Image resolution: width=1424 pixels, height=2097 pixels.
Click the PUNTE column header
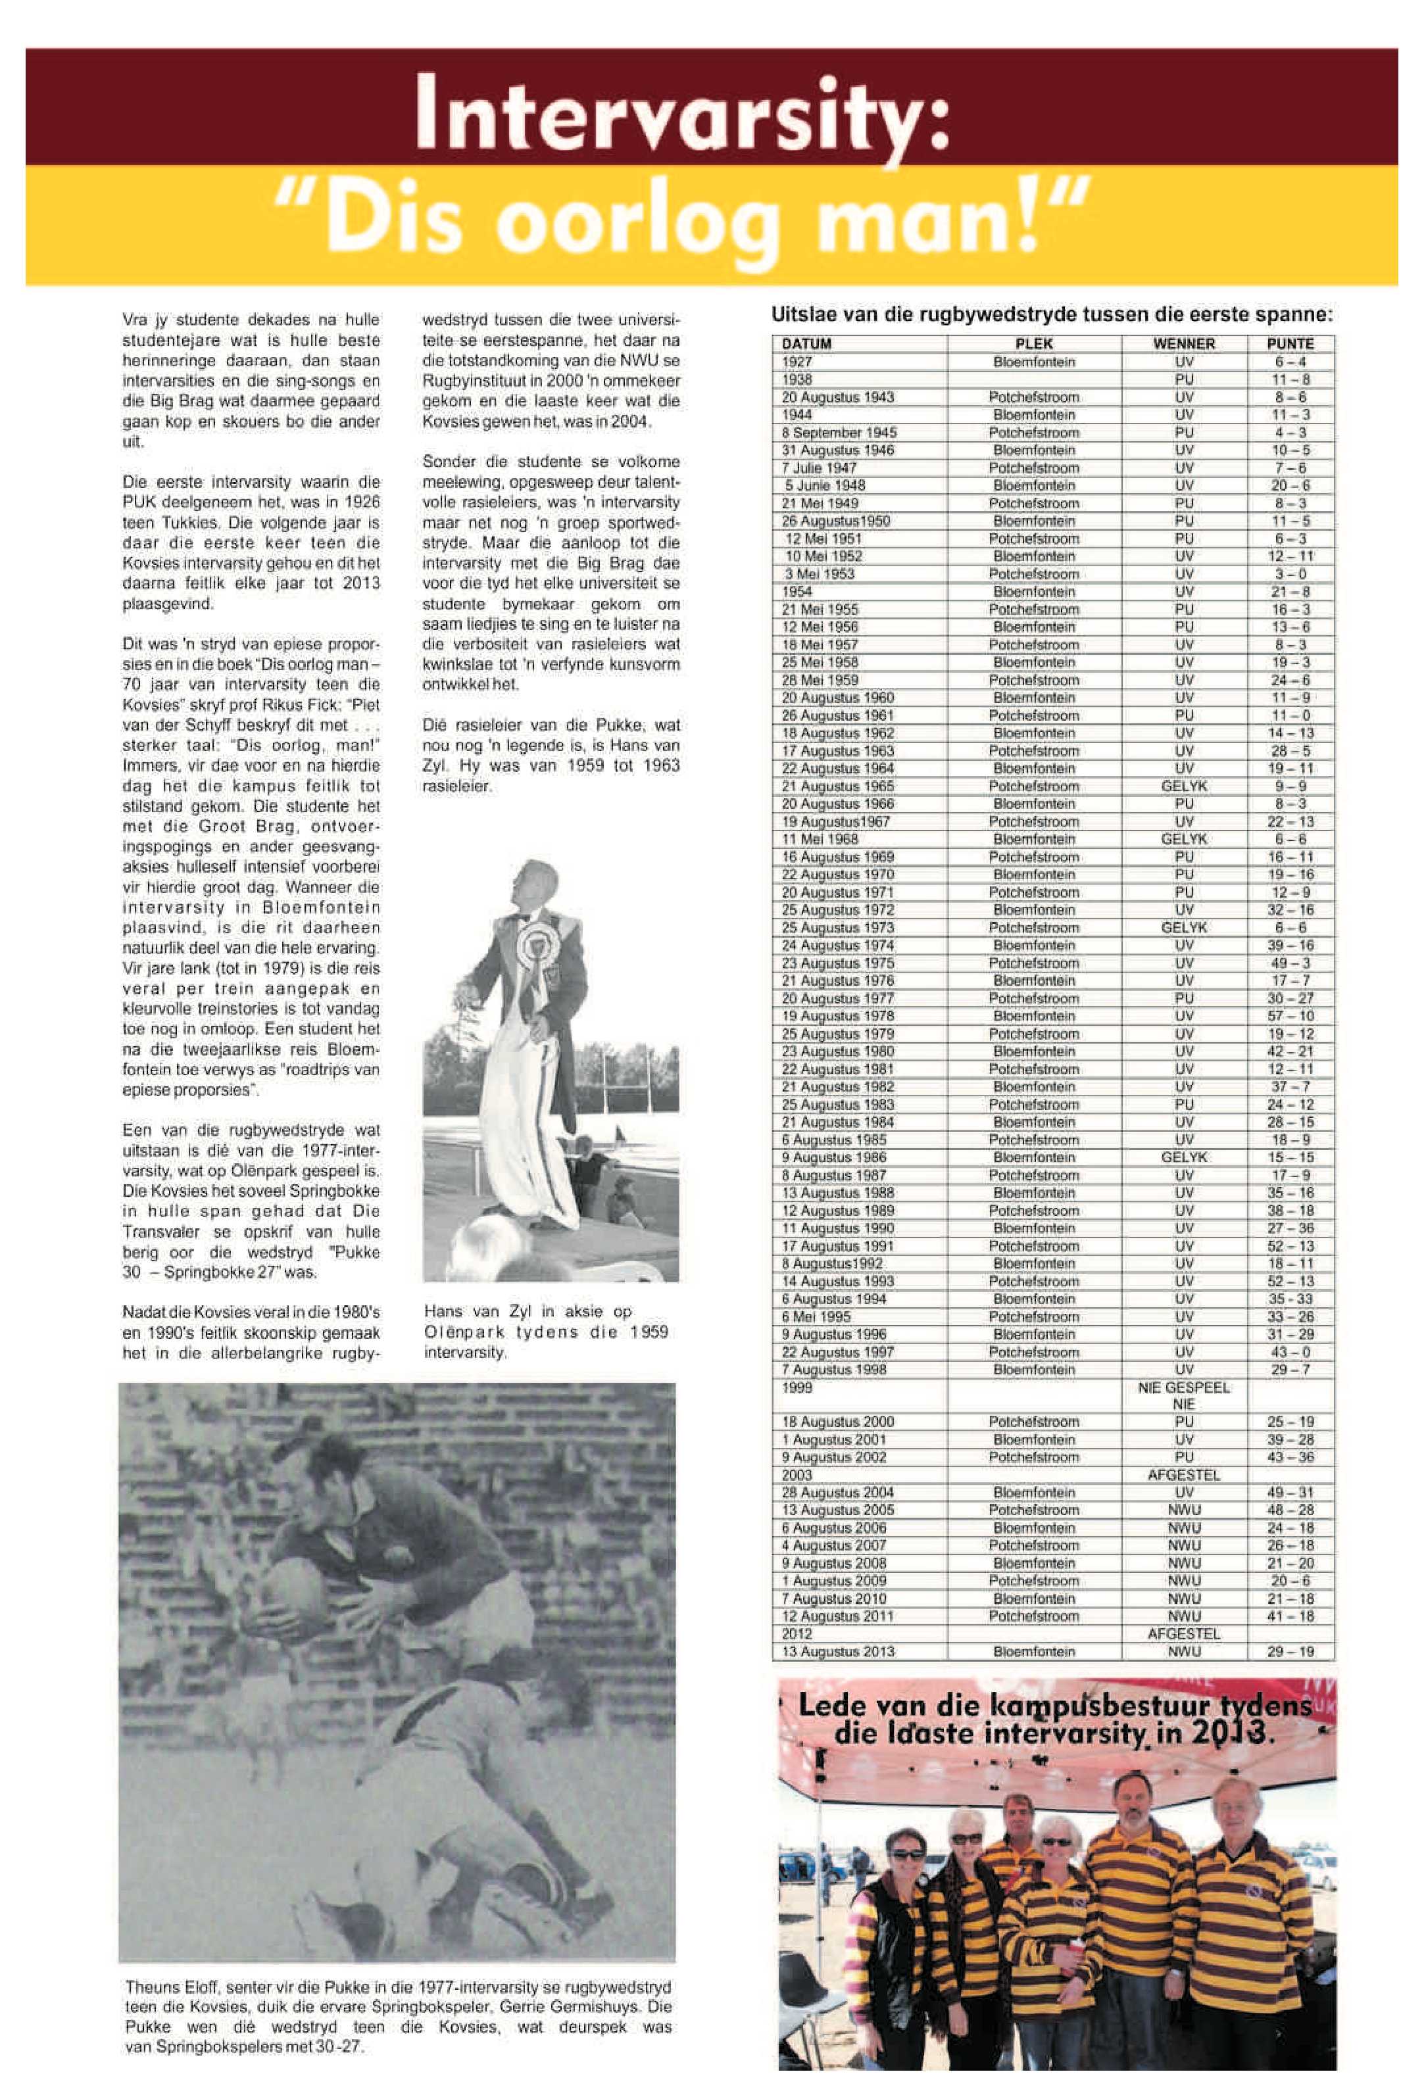[x=1290, y=344]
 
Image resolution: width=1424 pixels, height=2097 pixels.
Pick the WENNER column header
[x=1184, y=344]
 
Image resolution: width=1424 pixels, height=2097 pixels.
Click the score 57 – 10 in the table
[x=1291, y=1016]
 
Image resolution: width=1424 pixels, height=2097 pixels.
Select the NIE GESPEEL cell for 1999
[x=1184, y=1387]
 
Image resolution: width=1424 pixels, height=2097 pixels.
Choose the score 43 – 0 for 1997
[x=1291, y=1353]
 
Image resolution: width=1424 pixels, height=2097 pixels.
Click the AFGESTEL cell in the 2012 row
[x=1184, y=1634]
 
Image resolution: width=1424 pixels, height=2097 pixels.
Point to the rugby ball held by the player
[x=294, y=1593]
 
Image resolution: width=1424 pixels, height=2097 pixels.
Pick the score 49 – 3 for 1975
[x=1291, y=963]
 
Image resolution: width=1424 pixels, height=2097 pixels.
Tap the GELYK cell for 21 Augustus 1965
[x=1184, y=786]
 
